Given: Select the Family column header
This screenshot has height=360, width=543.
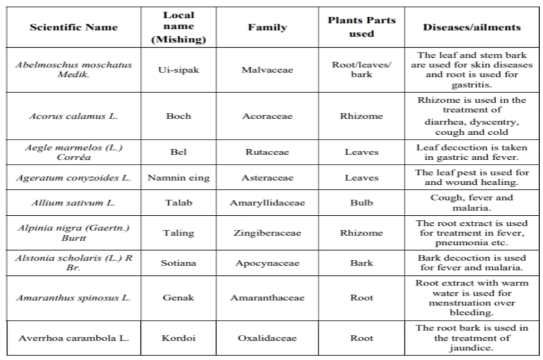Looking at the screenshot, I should point(267,27).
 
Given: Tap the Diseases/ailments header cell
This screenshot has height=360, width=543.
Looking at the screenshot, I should point(471,27).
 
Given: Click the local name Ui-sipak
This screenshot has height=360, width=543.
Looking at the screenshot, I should point(178,70).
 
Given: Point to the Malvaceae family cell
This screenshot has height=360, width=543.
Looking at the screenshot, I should point(267,70).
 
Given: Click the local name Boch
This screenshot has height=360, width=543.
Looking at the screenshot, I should point(178,116).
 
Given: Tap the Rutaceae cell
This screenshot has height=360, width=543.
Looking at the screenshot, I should point(267,152).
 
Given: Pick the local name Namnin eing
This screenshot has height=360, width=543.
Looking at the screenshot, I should point(178,178).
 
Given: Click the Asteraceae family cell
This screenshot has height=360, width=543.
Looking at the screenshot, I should point(267,178).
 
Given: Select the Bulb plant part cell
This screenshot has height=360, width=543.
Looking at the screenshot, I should point(361,203).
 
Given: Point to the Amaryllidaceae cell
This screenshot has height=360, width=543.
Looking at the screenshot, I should point(267,203).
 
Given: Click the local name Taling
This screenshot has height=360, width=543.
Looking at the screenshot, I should point(178,233).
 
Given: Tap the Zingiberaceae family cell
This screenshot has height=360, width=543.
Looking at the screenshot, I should point(267,233).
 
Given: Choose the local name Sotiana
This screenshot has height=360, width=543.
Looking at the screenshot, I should point(178,263).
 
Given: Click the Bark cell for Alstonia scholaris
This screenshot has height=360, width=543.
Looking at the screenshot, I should point(361,263).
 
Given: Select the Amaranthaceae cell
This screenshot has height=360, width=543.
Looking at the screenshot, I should point(267,298).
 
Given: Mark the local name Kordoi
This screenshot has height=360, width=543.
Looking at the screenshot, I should point(178,338).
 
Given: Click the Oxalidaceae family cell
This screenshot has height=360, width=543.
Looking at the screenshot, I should point(267,338).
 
